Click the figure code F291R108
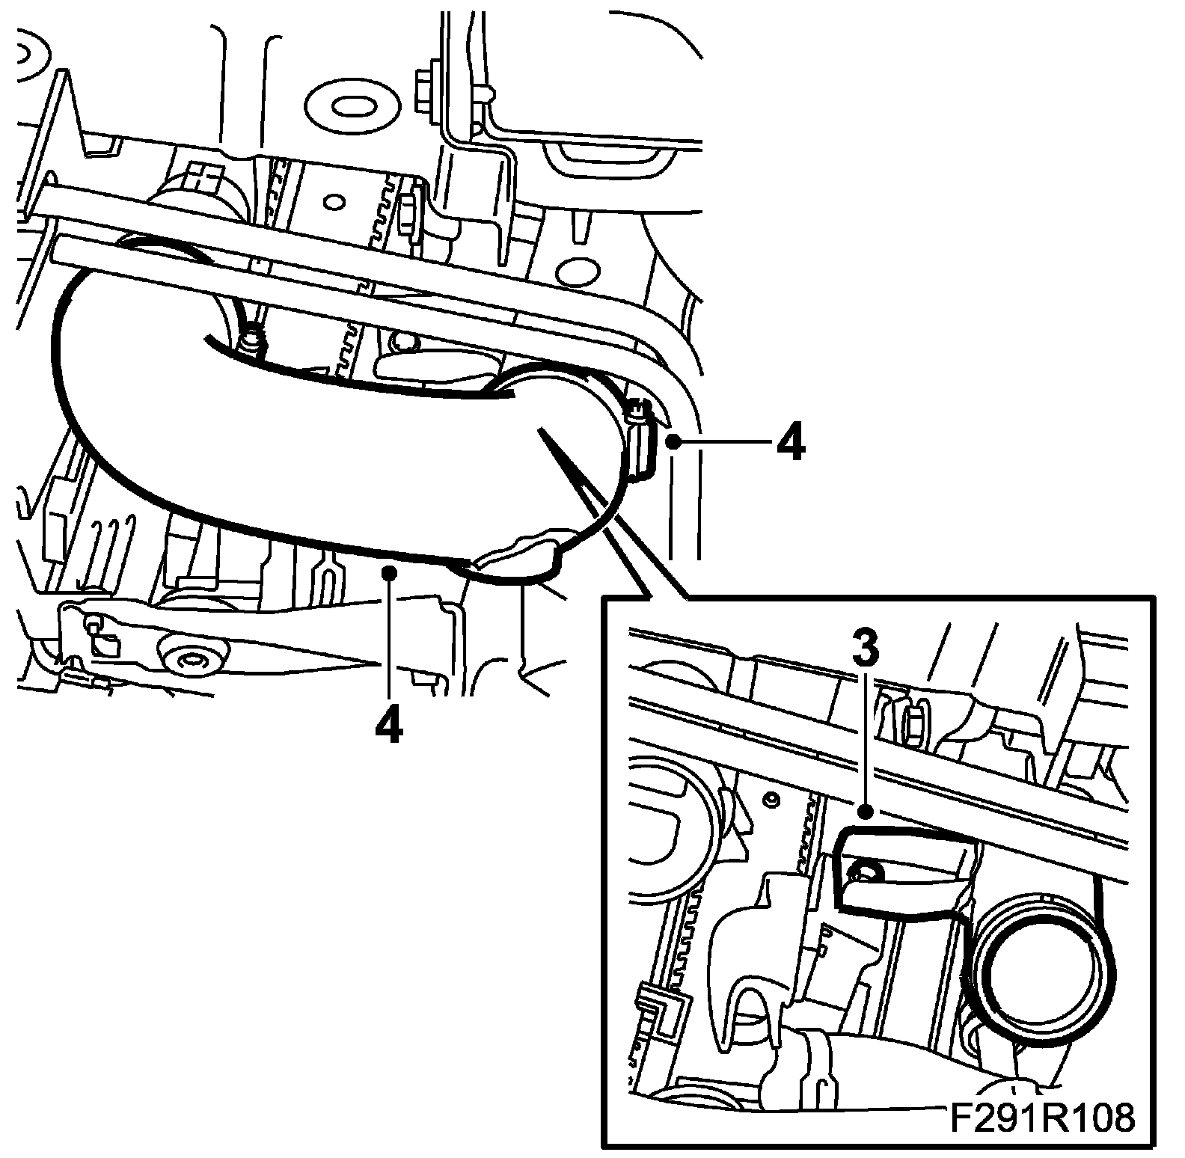click(x=1043, y=1120)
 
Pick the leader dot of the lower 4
click(x=388, y=573)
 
